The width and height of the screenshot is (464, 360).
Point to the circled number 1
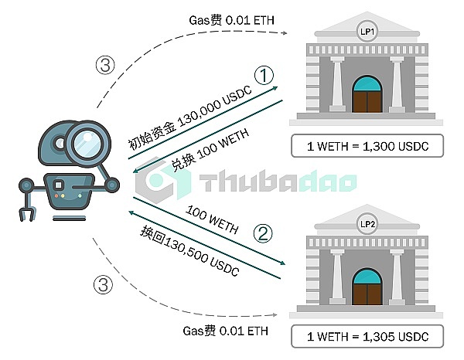coord(265,75)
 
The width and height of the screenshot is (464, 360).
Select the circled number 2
coord(265,232)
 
